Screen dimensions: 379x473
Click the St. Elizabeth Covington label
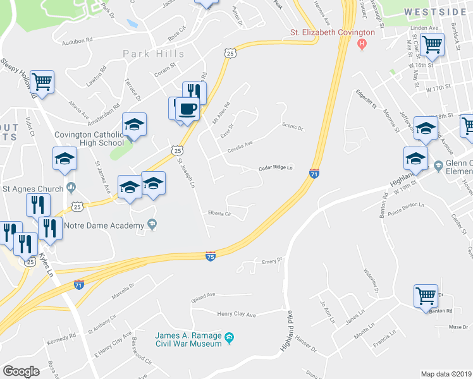(x=332, y=32)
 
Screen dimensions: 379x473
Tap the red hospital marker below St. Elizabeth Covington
(x=362, y=44)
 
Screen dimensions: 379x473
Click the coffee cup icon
(x=187, y=109)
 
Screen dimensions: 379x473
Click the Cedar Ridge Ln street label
(x=276, y=168)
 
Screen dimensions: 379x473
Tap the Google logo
(x=21, y=371)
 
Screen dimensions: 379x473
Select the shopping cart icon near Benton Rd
(x=426, y=295)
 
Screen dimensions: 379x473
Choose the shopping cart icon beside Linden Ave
(x=432, y=45)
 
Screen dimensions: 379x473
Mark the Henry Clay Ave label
(x=236, y=314)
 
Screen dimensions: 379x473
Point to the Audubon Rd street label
(x=77, y=43)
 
